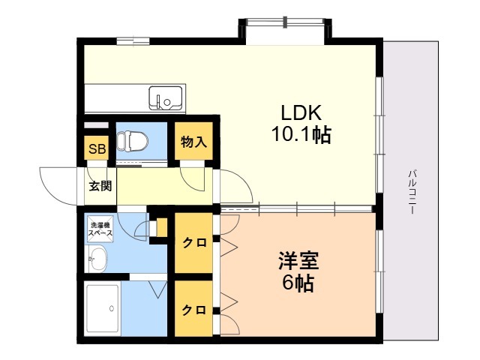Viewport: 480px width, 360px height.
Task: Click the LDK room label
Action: tap(301, 112)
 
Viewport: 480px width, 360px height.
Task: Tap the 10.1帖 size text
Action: tap(301, 134)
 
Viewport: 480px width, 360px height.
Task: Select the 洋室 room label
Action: tap(298, 260)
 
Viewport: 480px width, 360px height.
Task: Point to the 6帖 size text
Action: tap(298, 283)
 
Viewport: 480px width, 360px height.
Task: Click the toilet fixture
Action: tap(132, 142)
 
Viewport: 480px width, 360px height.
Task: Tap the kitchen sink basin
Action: tap(166, 98)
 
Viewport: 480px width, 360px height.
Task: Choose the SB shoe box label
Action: tap(97, 149)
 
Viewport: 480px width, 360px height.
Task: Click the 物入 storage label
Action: tap(193, 142)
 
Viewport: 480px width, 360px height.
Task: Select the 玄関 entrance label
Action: tap(100, 186)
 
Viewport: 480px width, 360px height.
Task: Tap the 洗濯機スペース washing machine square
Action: tap(100, 229)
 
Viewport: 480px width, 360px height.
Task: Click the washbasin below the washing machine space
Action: tap(97, 259)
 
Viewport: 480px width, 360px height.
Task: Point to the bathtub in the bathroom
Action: tap(102, 308)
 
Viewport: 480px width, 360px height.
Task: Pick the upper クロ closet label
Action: tap(194, 243)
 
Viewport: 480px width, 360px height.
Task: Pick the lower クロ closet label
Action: tap(193, 310)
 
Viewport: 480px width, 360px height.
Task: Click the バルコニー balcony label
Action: tap(412, 192)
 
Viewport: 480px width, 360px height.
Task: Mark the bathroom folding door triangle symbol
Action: tap(158, 289)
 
